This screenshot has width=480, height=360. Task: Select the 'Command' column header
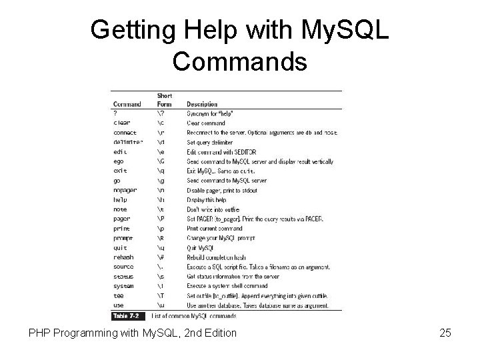pyautogui.click(x=127, y=104)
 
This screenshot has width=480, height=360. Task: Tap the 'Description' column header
pyautogui.click(x=202, y=104)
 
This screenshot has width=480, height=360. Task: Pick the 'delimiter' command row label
pyautogui.click(x=127, y=142)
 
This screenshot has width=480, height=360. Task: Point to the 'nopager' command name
pyautogui.click(x=125, y=190)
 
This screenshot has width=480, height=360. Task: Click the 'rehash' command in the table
pyautogui.click(x=123, y=257)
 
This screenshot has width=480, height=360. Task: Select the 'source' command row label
pyautogui.click(x=123, y=267)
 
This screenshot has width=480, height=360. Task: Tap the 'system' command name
pyautogui.click(x=123, y=286)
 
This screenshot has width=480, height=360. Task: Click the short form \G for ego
pyautogui.click(x=161, y=161)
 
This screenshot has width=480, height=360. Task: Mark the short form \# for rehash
pyautogui.click(x=161, y=257)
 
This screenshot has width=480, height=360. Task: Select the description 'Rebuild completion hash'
pyautogui.click(x=216, y=257)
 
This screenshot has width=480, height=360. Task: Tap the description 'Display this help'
pyautogui.click(x=207, y=199)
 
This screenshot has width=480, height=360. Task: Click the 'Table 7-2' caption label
pyautogui.click(x=127, y=315)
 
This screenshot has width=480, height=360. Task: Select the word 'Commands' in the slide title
pyautogui.click(x=239, y=62)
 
